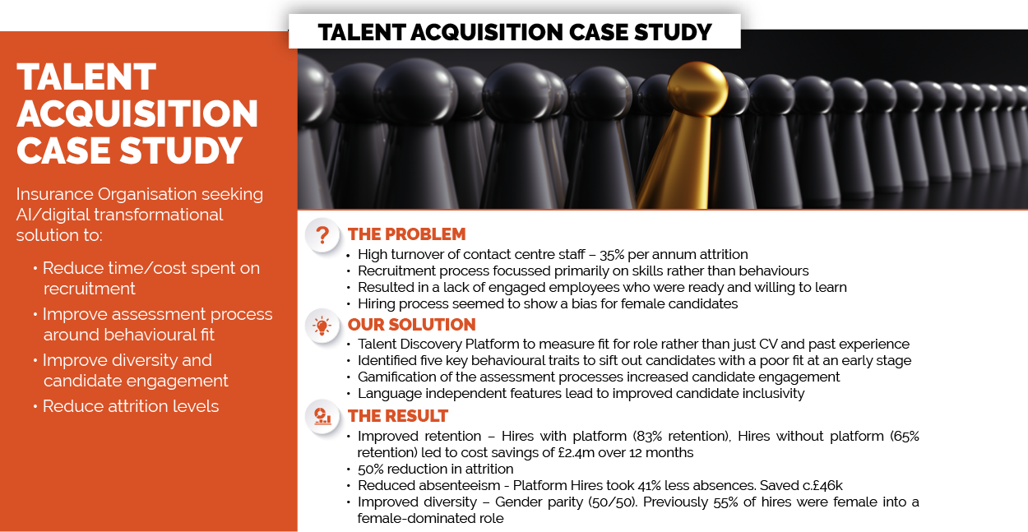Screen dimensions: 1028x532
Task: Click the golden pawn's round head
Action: click(697, 89)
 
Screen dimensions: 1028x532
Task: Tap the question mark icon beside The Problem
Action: click(322, 235)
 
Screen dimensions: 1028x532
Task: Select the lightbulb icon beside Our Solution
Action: click(322, 326)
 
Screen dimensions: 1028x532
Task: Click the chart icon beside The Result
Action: click(322, 417)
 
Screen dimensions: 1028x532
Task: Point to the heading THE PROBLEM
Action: click(406, 234)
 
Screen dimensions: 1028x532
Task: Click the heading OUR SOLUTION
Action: click(412, 325)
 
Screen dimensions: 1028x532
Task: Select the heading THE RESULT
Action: click(398, 416)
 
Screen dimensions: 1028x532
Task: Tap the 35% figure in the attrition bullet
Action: click(611, 254)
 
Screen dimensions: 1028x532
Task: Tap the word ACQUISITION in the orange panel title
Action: click(137, 113)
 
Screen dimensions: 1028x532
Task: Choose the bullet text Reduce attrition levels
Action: click(131, 406)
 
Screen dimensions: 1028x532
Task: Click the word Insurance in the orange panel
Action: click(54, 194)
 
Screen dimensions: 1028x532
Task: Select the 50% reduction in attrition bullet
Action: click(436, 469)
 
